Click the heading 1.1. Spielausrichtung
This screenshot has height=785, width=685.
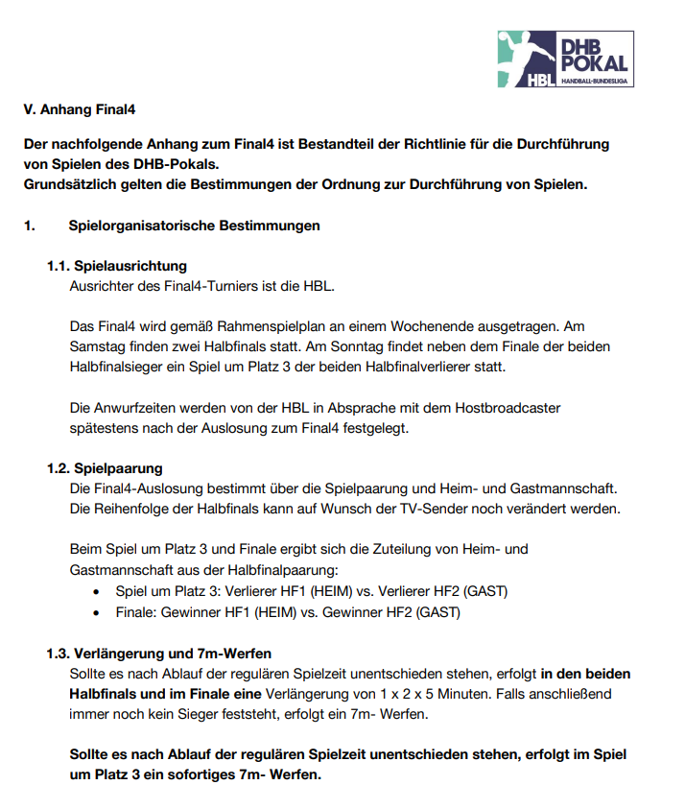117,266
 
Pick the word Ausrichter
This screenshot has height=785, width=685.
103,285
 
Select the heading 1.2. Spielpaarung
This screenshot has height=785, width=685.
106,468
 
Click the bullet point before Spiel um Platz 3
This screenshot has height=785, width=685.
97,591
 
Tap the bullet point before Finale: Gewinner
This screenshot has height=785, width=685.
97,611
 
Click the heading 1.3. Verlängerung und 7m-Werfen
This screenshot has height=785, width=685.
158,654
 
